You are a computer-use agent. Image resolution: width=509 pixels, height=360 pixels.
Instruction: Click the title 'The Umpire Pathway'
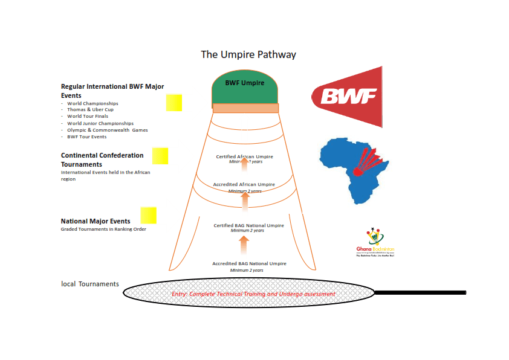(x=248, y=54)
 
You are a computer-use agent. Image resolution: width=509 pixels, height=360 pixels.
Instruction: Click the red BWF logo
(x=348, y=97)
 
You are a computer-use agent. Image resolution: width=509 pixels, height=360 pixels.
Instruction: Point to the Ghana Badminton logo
(x=375, y=243)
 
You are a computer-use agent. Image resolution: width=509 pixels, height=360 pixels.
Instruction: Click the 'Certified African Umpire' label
(x=245, y=156)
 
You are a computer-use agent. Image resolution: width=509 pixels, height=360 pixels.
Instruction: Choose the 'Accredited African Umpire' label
(x=244, y=184)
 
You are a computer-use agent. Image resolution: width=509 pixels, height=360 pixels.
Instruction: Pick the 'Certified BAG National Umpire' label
(x=248, y=226)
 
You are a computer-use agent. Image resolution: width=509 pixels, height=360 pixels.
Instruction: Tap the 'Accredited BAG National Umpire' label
(x=249, y=263)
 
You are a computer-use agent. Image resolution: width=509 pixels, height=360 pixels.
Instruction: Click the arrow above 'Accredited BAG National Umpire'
(x=244, y=245)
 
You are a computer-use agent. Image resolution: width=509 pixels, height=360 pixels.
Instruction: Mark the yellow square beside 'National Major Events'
(x=148, y=216)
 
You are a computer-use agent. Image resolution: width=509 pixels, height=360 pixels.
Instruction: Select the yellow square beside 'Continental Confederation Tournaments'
(x=160, y=156)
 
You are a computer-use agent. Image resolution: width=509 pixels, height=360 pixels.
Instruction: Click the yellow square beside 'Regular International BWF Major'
(x=174, y=103)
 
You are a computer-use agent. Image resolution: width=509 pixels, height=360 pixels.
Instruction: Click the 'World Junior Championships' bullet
(x=100, y=123)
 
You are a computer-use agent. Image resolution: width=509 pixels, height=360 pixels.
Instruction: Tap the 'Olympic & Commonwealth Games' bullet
(x=107, y=130)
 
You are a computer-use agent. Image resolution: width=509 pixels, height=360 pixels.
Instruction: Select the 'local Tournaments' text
(x=90, y=284)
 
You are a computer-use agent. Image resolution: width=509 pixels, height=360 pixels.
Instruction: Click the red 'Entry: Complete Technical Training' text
(x=253, y=294)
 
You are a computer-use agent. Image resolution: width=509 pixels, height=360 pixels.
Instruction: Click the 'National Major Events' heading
(x=96, y=221)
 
